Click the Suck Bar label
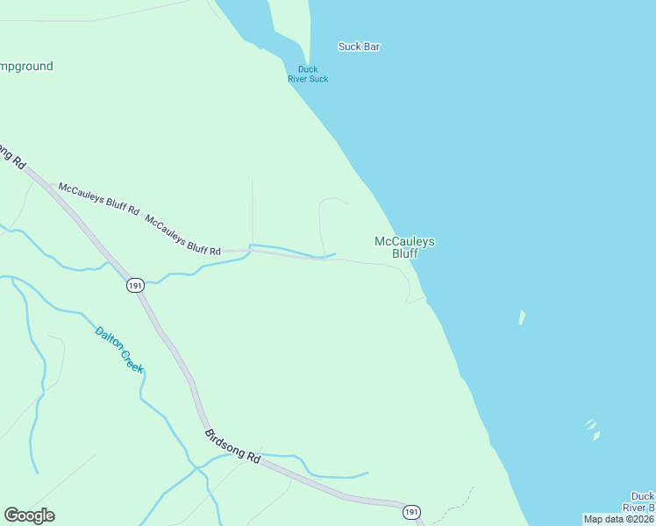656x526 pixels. click(x=359, y=46)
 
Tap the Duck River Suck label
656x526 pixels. click(x=308, y=75)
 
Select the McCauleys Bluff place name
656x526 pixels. click(x=404, y=247)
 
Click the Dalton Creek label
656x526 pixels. click(x=119, y=351)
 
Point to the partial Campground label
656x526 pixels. click(x=26, y=66)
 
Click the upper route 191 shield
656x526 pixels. click(x=134, y=286)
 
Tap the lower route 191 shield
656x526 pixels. click(x=411, y=512)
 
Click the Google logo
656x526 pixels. click(x=29, y=515)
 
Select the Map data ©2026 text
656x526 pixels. click(x=618, y=519)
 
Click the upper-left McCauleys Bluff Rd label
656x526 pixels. click(x=98, y=199)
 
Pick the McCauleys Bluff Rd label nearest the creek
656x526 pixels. click(x=182, y=236)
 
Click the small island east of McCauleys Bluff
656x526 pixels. click(x=522, y=316)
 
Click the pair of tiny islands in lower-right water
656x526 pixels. click(x=593, y=429)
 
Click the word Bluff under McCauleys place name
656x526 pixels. click(x=404, y=254)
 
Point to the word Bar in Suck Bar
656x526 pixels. click(x=371, y=46)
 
